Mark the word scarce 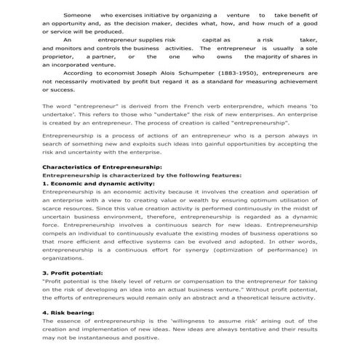tap(52, 208)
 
